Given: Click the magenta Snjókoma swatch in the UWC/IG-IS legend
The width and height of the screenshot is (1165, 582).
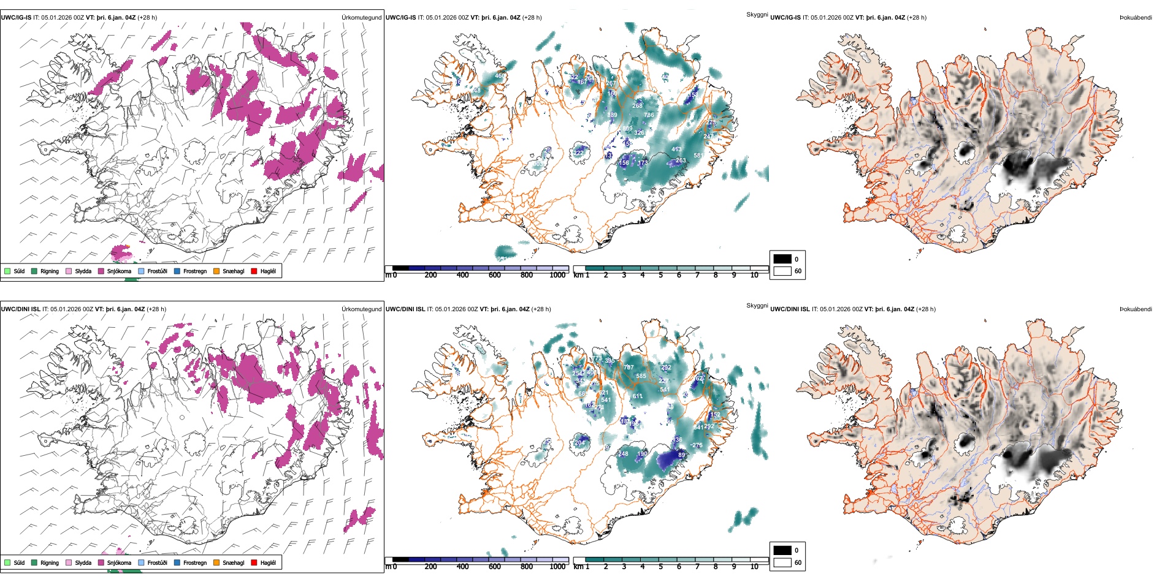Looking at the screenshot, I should coord(101,271).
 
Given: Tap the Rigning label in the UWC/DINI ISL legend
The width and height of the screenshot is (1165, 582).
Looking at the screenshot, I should coord(50,562).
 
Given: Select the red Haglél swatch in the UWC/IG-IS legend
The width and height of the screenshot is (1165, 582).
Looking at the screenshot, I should coord(254,271).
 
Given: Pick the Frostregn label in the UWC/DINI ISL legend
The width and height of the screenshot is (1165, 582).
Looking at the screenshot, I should coord(195,562).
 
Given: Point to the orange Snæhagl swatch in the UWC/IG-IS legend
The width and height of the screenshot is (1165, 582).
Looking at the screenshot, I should coord(216,271).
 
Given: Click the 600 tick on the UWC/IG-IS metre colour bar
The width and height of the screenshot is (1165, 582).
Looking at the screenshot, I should coord(495,275).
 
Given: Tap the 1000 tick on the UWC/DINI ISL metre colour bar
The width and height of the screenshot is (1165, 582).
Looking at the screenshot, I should coord(557,567).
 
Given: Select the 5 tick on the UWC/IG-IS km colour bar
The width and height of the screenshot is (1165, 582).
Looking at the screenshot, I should coord(660,275).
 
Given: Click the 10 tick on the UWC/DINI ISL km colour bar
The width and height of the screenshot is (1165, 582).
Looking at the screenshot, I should coord(754,567).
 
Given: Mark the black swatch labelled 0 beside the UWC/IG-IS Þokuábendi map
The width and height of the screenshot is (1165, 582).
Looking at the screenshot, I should coord(782,259).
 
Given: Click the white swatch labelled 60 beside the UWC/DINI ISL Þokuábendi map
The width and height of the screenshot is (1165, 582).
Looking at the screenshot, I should coord(782,562).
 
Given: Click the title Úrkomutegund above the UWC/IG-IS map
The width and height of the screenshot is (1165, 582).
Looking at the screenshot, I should coord(361,18).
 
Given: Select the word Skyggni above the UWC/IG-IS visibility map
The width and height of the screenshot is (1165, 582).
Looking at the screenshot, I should coord(757,15).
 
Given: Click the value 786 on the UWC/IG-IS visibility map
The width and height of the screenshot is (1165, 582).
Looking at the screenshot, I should coord(649,115).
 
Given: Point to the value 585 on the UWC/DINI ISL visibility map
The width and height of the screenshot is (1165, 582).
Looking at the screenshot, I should coord(641,376).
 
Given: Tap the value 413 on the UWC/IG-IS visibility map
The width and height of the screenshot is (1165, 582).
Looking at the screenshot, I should coord(676,149).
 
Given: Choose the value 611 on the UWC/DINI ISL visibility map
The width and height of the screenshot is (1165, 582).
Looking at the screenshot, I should coord(638,396).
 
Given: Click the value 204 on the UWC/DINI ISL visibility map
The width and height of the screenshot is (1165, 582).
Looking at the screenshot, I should coord(579,443).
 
